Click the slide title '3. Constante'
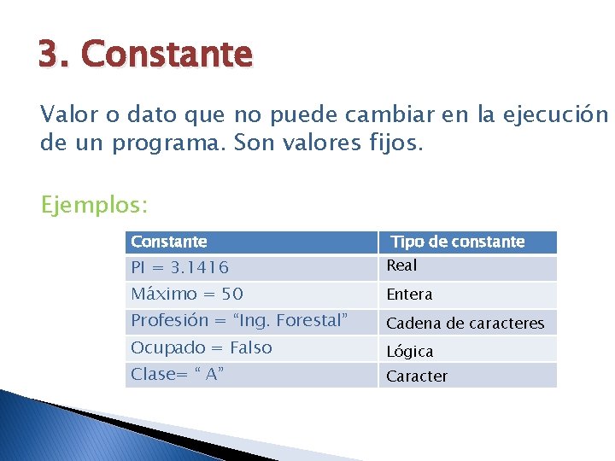(x=145, y=55)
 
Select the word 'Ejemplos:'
(x=94, y=206)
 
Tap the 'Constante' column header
(x=169, y=242)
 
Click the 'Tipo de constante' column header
(x=458, y=242)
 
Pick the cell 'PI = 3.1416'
(x=179, y=268)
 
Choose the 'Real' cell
(x=401, y=266)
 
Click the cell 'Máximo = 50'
(x=186, y=295)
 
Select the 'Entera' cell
(x=409, y=295)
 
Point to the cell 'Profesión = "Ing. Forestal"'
(x=239, y=321)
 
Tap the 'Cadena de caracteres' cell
(x=465, y=324)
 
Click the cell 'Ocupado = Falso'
(x=201, y=348)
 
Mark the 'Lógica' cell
(x=410, y=351)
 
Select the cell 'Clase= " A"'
(x=178, y=375)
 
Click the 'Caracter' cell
(x=417, y=376)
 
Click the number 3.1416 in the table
(x=199, y=268)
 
